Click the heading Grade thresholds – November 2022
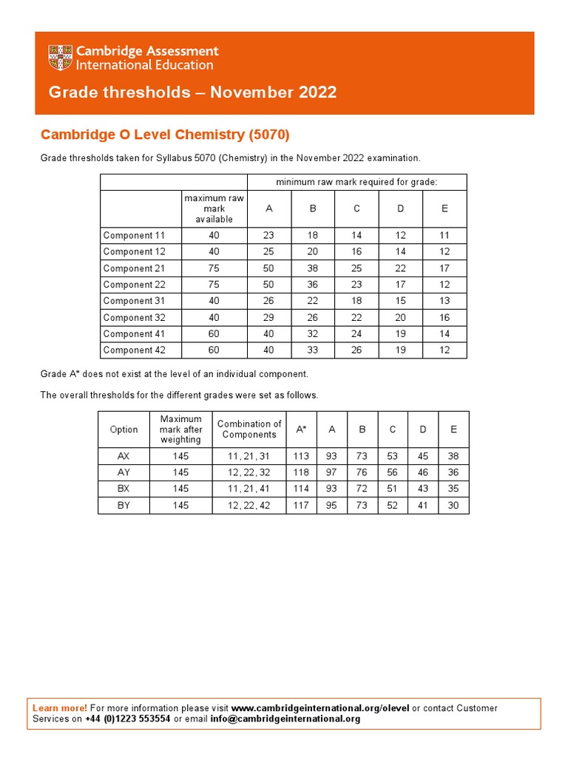tap(192, 92)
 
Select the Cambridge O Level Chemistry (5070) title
tap(165, 135)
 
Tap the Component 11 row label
tap(134, 236)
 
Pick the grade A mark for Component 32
tap(269, 317)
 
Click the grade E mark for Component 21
tap(444, 268)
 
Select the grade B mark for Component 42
tap(313, 350)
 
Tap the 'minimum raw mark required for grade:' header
tap(356, 182)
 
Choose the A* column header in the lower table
tap(301, 430)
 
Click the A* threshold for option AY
tap(301, 472)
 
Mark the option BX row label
tap(124, 489)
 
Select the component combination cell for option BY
tap(249, 505)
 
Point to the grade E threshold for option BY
tap(453, 505)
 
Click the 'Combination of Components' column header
tap(249, 430)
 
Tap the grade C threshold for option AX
tap(393, 456)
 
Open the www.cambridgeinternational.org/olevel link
tap(320, 708)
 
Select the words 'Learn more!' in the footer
tap(60, 708)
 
